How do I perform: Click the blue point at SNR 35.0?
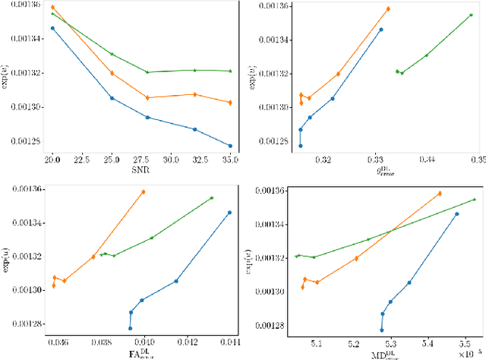click(230, 146)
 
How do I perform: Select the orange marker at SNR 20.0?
click(52, 8)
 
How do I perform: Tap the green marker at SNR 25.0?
click(112, 54)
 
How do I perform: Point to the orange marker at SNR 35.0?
click(230, 103)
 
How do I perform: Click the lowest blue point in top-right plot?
click(301, 146)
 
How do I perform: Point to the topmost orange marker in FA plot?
click(143, 192)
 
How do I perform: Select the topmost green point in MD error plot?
click(474, 200)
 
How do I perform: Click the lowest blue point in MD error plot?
click(381, 330)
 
